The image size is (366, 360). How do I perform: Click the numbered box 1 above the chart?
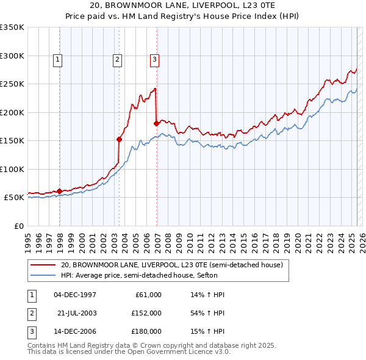pyautogui.click(x=57, y=59)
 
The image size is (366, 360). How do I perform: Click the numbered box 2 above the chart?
pyautogui.click(x=117, y=59)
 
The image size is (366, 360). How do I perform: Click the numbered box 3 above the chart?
pyautogui.click(x=154, y=59)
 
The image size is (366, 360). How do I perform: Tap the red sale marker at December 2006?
pyautogui.click(x=157, y=124)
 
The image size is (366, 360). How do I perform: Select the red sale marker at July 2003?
pyautogui.click(x=120, y=139)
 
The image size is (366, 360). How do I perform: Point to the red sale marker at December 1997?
pyautogui.click(x=59, y=191)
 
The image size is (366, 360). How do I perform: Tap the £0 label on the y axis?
pyautogui.click(x=19, y=226)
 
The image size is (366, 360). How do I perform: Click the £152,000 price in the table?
pyautogui.click(x=146, y=313)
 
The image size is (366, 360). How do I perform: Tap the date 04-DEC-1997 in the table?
pyautogui.click(x=75, y=295)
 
